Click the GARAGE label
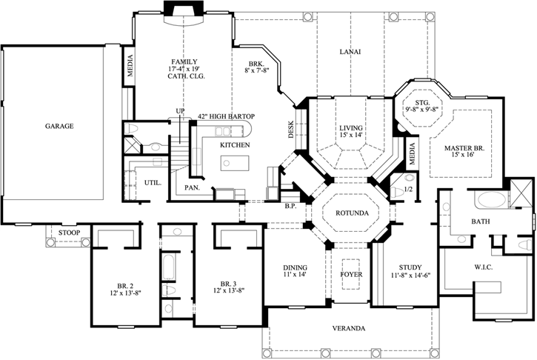point(59,126)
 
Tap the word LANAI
point(350,52)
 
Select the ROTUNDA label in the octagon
point(352,213)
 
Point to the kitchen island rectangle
point(235,163)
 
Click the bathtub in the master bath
point(491,200)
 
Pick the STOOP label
point(69,233)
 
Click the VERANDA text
point(349,328)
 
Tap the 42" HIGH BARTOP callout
point(226,116)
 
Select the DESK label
point(291,130)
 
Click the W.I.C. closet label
point(484,267)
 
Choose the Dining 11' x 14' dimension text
point(295,274)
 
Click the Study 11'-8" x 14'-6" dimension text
point(410,275)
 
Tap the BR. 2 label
point(123,285)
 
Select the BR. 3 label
point(228,284)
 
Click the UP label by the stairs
point(180,110)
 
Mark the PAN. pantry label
point(192,187)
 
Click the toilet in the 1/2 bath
point(397,192)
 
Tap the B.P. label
point(290,206)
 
